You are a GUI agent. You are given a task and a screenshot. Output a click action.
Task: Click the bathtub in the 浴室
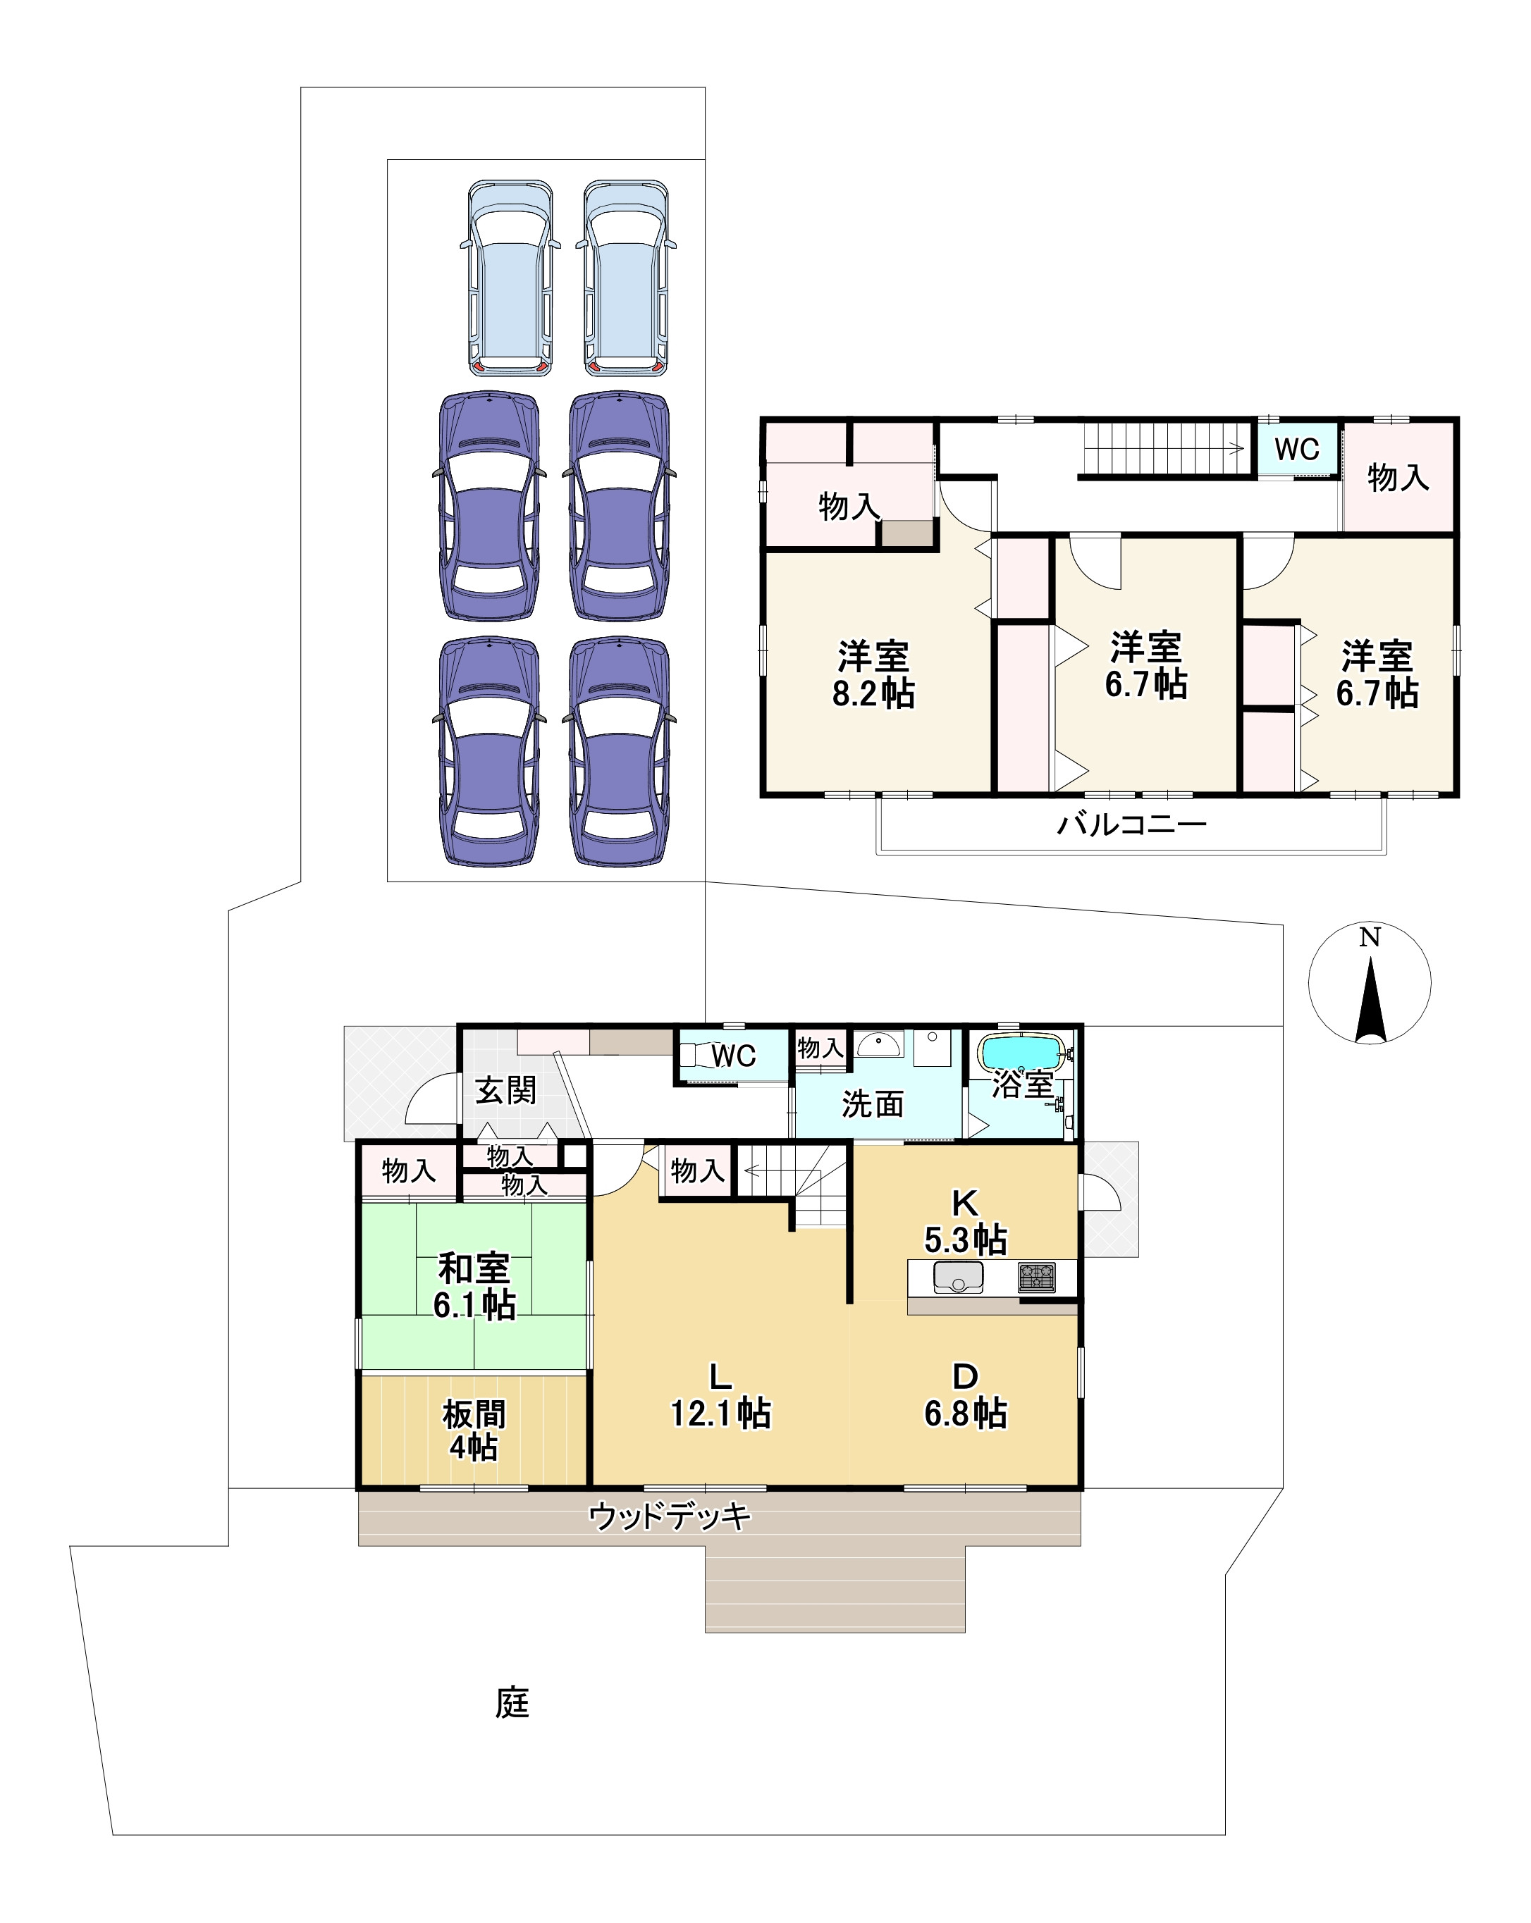pos(1021,1053)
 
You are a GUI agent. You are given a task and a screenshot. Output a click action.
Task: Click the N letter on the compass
pos(1370,937)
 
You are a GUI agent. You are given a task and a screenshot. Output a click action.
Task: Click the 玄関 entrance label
pos(505,1090)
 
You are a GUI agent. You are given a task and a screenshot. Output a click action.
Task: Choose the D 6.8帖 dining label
pos(966,1396)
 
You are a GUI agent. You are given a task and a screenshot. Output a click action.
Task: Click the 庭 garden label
pos(512,1702)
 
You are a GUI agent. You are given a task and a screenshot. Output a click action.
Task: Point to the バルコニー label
pos(1131,823)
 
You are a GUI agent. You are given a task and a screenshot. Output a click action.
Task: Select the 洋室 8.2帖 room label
pos(873,674)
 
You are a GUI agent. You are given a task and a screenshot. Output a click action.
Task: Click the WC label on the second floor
pos(1296,450)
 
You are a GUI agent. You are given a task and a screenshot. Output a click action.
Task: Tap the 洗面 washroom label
pos(873,1104)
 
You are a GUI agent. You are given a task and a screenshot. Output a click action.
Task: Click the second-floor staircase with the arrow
pos(1164,449)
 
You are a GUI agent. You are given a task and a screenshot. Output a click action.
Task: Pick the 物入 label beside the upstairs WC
pos(1398,477)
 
